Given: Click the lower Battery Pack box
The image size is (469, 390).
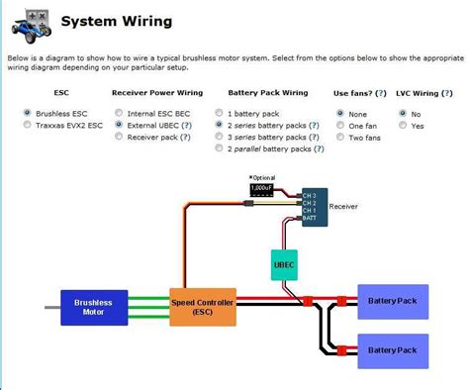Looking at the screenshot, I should (x=393, y=349).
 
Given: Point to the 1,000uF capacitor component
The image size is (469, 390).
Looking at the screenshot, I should (x=261, y=187).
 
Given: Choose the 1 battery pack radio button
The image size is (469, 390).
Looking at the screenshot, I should (x=219, y=114).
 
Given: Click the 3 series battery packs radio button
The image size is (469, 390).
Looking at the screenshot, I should (x=219, y=138).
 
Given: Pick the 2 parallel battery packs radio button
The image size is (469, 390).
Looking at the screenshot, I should (x=219, y=149).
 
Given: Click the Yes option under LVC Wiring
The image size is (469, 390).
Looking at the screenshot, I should (x=402, y=126).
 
